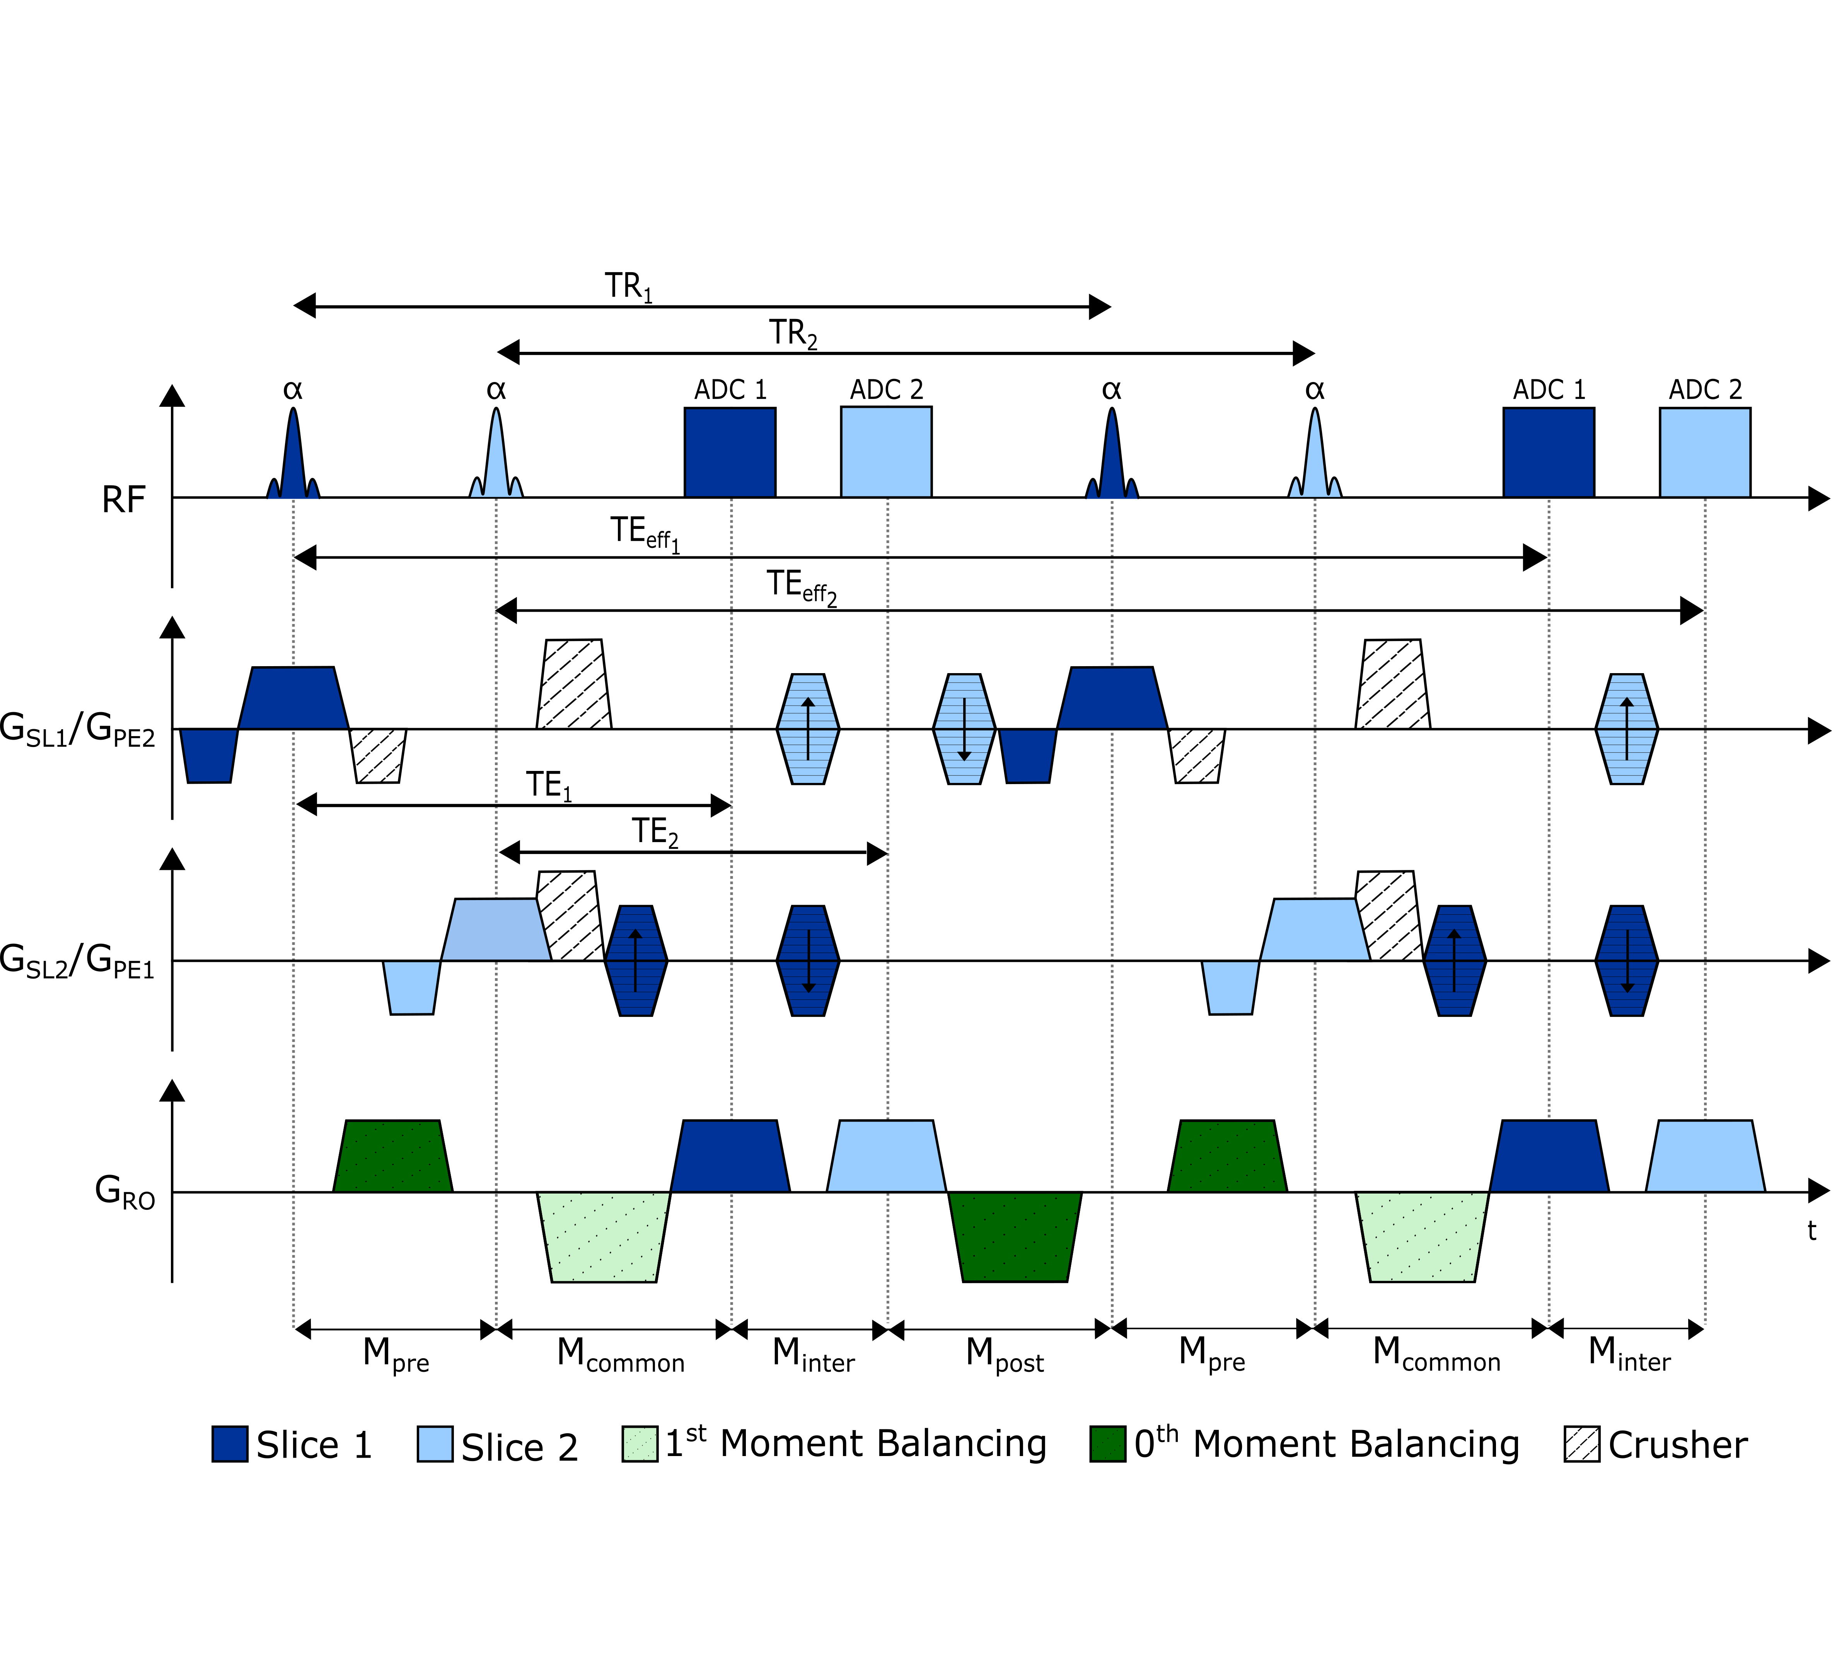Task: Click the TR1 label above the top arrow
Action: tap(629, 287)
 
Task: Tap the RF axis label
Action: tap(124, 500)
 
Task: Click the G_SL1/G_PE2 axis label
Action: tap(78, 730)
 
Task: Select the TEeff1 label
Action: tap(645, 534)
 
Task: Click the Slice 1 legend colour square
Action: tap(230, 1444)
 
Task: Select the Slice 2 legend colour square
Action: tap(435, 1444)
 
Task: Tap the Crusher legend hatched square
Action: tap(1582, 1444)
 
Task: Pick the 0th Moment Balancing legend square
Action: tap(1108, 1444)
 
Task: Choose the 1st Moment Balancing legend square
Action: tap(640, 1444)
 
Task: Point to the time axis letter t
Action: tap(1811, 1231)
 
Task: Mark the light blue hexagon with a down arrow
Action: tap(964, 729)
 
